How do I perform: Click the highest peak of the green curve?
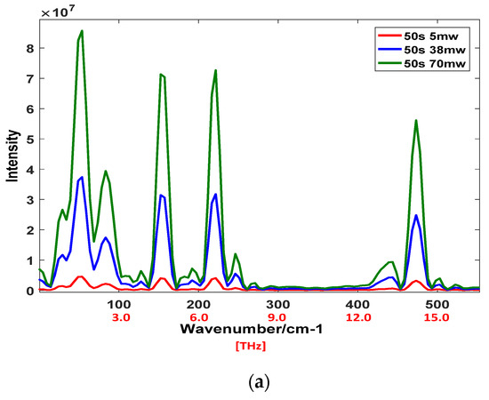click(82, 31)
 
